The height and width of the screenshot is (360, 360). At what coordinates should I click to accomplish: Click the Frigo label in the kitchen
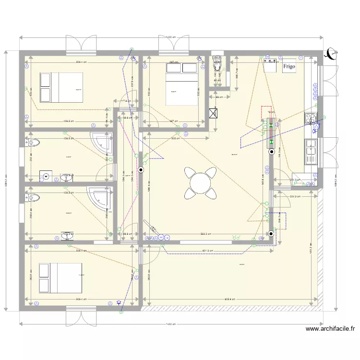coord(289,66)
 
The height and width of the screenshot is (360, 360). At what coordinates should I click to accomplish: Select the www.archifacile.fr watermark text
coord(331,329)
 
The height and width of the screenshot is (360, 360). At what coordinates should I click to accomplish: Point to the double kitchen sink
coord(311,151)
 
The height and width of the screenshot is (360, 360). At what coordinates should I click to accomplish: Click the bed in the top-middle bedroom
coord(181,83)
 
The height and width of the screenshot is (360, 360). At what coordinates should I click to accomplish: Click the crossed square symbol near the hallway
coord(214,114)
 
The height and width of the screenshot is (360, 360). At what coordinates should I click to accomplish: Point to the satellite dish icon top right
coord(330,54)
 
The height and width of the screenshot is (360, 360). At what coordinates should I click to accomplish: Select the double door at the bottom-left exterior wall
coord(81,318)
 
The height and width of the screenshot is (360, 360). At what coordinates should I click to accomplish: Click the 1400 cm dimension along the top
coord(170,37)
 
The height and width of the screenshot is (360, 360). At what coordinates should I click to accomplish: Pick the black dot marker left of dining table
coord(141,169)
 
